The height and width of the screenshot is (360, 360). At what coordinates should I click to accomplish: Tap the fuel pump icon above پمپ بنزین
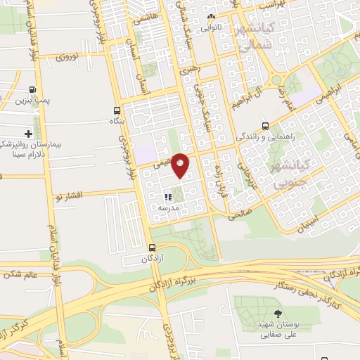(x=32, y=89)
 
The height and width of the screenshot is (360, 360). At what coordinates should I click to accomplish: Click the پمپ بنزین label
(x=32, y=102)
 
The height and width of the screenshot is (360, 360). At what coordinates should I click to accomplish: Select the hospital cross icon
(x=28, y=133)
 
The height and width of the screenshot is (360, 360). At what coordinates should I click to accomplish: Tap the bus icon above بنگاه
(x=117, y=110)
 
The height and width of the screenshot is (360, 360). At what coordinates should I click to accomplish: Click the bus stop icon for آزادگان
(x=153, y=247)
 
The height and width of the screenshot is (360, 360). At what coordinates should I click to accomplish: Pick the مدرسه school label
(x=168, y=208)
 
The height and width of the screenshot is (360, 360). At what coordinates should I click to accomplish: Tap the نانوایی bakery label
(x=211, y=29)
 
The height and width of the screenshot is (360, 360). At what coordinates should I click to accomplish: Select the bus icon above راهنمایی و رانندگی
(x=264, y=126)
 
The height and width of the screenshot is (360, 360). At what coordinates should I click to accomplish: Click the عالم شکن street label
(x=20, y=274)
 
